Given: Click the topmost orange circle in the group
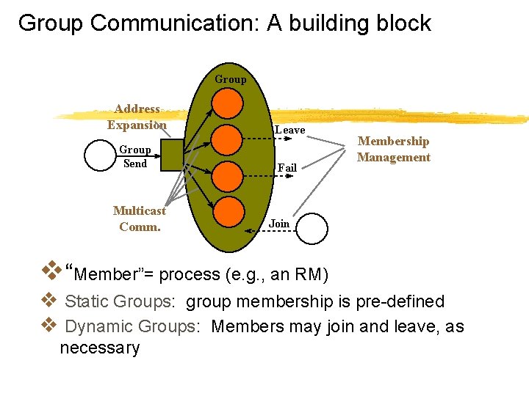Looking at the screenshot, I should point(231,101).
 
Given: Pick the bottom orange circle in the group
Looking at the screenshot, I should point(231,212).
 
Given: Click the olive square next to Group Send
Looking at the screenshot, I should point(175,155).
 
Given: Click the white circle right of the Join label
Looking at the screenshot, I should point(311,228).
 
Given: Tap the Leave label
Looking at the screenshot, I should point(289,130).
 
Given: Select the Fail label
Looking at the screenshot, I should point(287,168).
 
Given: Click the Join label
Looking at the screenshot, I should point(279,223).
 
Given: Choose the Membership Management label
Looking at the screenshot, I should point(393,149).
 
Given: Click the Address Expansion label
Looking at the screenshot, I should point(137,117).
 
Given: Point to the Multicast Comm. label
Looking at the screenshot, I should point(140,219).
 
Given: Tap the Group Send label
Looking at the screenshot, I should point(134,156).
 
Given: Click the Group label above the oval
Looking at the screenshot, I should point(231,79).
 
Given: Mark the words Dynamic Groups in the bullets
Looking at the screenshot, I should point(130,326).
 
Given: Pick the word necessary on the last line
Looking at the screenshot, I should point(100,348).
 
